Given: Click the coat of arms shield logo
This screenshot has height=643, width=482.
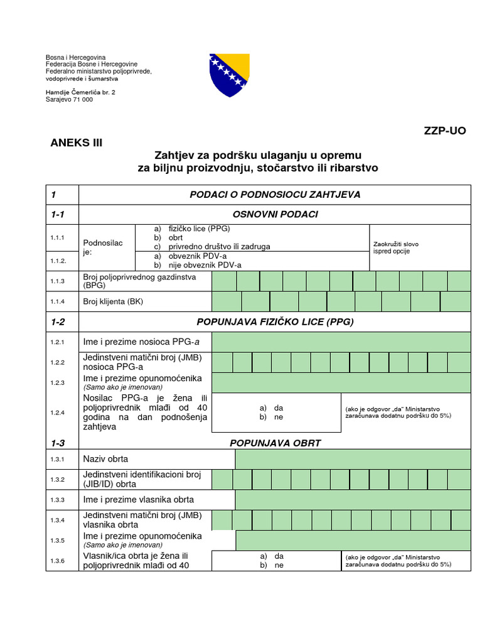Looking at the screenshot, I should [x=230, y=75].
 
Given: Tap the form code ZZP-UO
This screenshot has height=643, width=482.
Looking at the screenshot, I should [x=445, y=131].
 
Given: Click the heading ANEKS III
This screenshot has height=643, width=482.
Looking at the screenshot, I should [x=76, y=143].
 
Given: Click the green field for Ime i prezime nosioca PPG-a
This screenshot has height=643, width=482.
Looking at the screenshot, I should [x=341, y=342].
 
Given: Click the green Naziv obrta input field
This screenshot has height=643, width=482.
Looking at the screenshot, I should [x=353, y=459].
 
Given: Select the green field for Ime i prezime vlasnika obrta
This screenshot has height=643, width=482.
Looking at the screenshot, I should [x=353, y=500].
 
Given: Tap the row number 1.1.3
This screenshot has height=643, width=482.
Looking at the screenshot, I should [x=58, y=281].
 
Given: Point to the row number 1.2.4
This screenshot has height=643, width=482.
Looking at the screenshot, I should [x=58, y=413].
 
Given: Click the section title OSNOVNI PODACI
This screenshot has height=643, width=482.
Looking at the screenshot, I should [x=275, y=214].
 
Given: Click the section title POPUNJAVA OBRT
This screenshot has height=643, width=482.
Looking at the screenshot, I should [x=275, y=443].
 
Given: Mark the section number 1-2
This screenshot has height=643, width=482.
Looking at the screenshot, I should [x=58, y=322].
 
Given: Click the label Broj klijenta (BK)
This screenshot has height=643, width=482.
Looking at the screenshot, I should [x=113, y=301].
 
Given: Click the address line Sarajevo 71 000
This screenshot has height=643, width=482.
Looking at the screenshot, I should [x=69, y=99].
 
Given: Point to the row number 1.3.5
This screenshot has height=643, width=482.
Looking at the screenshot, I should [x=58, y=541].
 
